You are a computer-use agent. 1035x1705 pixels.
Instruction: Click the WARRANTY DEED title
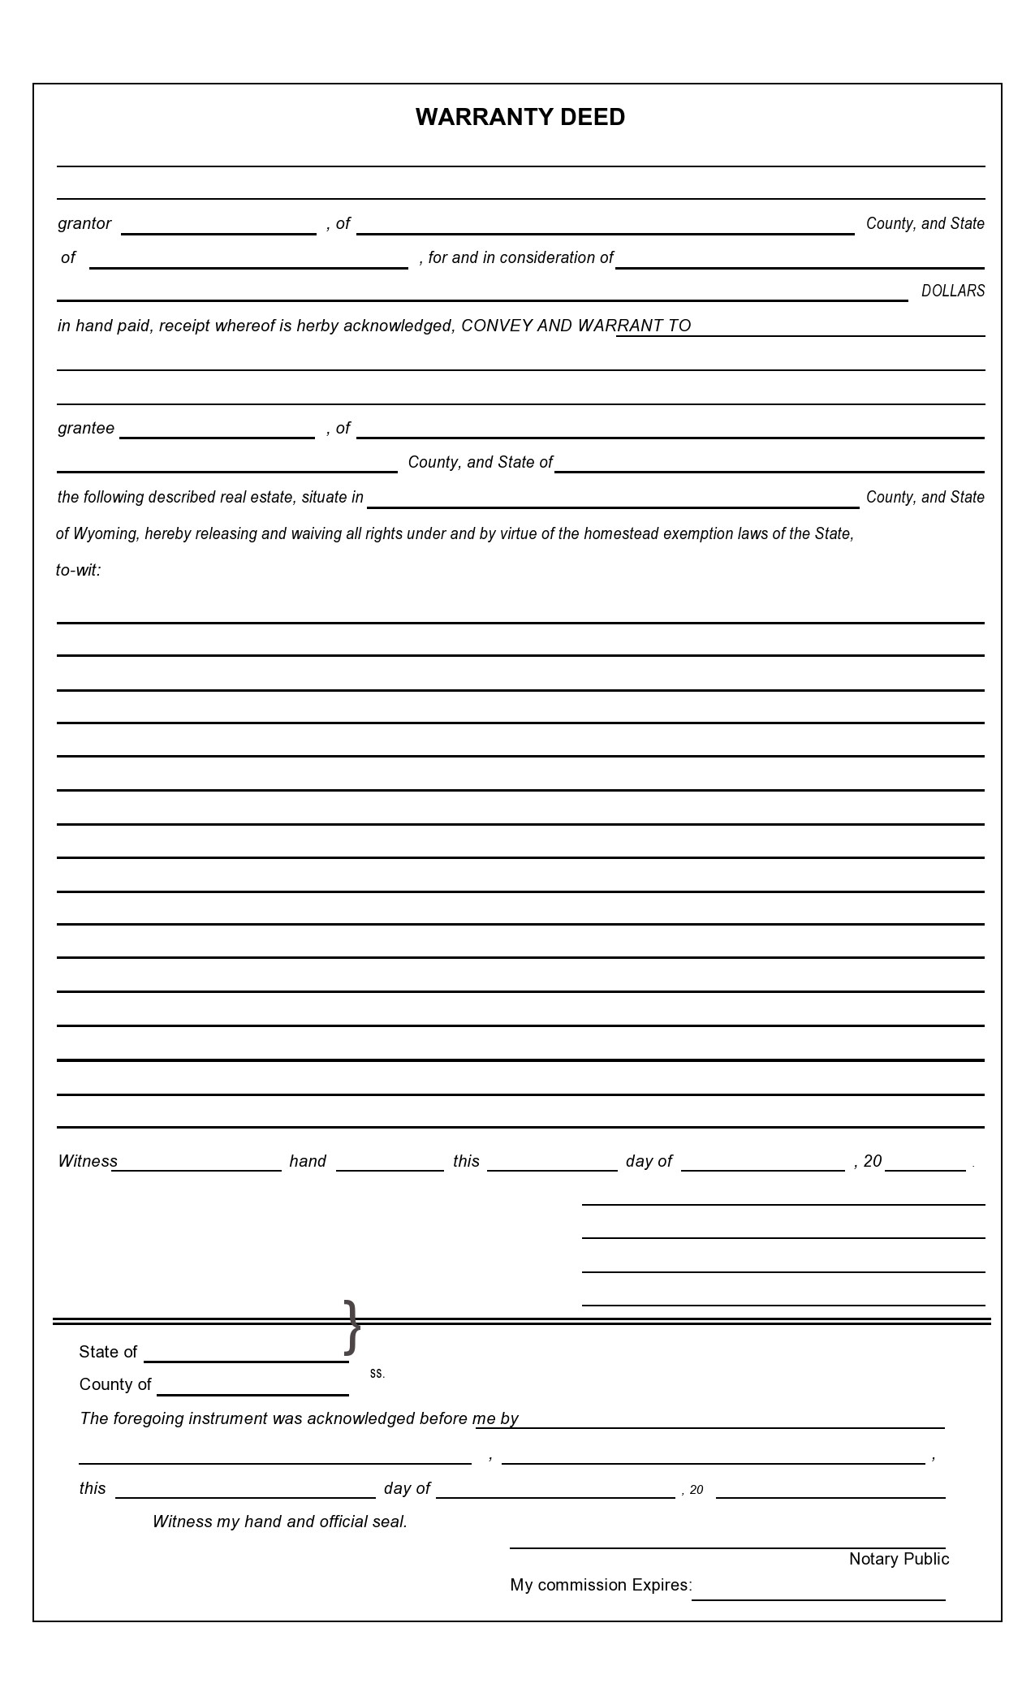(520, 118)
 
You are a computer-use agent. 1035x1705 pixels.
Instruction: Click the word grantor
(84, 224)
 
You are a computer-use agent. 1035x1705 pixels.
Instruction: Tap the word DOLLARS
(952, 291)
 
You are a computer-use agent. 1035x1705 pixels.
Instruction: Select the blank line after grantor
(218, 227)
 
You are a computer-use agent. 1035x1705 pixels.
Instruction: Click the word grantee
(86, 429)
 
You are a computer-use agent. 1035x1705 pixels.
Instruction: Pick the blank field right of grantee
(217, 431)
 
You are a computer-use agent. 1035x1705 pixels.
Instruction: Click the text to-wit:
(78, 571)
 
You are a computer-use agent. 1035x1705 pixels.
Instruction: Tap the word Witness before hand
(88, 1162)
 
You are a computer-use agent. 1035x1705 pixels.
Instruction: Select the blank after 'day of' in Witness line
(762, 1164)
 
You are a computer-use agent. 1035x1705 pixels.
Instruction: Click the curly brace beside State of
(351, 1327)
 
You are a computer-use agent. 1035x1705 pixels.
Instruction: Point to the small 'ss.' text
(377, 1374)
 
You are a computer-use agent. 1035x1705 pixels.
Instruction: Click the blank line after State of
(246, 1354)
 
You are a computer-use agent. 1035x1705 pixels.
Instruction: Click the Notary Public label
(899, 1559)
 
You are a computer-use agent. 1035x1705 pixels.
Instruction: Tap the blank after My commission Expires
(818, 1593)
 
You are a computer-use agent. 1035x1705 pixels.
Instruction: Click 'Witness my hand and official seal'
(280, 1522)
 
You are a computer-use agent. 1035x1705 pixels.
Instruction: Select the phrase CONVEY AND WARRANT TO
(576, 326)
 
